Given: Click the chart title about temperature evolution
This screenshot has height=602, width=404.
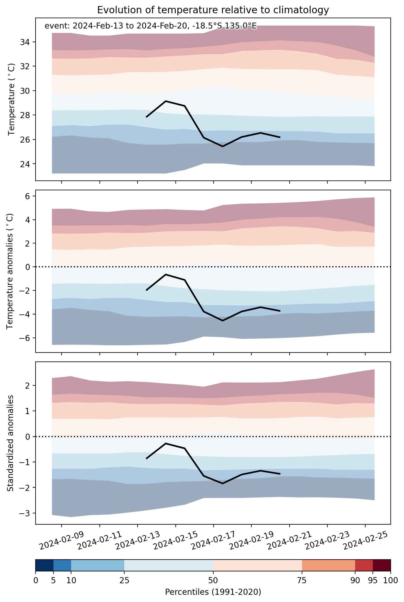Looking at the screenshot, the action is tap(213, 10).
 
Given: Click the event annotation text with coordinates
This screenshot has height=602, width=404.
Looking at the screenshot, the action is tap(151, 26).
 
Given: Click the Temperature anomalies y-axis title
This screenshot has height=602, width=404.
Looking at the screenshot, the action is tap(10, 271).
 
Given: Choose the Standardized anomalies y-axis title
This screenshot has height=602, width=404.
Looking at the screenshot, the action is tap(10, 443).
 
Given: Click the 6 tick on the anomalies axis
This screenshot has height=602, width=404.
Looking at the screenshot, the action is tap(28, 196).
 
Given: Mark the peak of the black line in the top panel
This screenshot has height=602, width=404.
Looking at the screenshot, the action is tap(166, 101).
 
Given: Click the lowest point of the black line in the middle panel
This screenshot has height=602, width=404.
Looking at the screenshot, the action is tap(223, 320).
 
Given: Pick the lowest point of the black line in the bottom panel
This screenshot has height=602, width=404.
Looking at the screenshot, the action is tap(223, 483).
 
